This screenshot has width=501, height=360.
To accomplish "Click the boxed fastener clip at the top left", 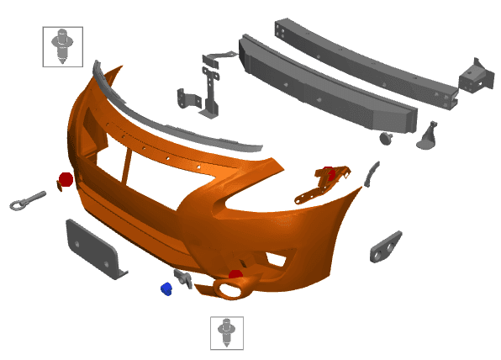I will click(x=62, y=45).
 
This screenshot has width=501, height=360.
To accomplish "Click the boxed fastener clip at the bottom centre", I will click(x=226, y=332).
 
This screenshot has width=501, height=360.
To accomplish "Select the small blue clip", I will click(x=166, y=289).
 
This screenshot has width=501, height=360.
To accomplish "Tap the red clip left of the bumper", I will click(x=65, y=179).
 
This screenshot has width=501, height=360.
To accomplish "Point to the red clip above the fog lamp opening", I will click(x=236, y=274).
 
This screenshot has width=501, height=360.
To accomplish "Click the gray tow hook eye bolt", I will click(x=25, y=199).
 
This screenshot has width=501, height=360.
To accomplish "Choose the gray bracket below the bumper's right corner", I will click(x=386, y=245).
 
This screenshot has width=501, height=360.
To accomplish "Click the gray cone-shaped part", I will click(x=429, y=135).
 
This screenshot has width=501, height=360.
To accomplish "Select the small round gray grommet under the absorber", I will click(x=386, y=136).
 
